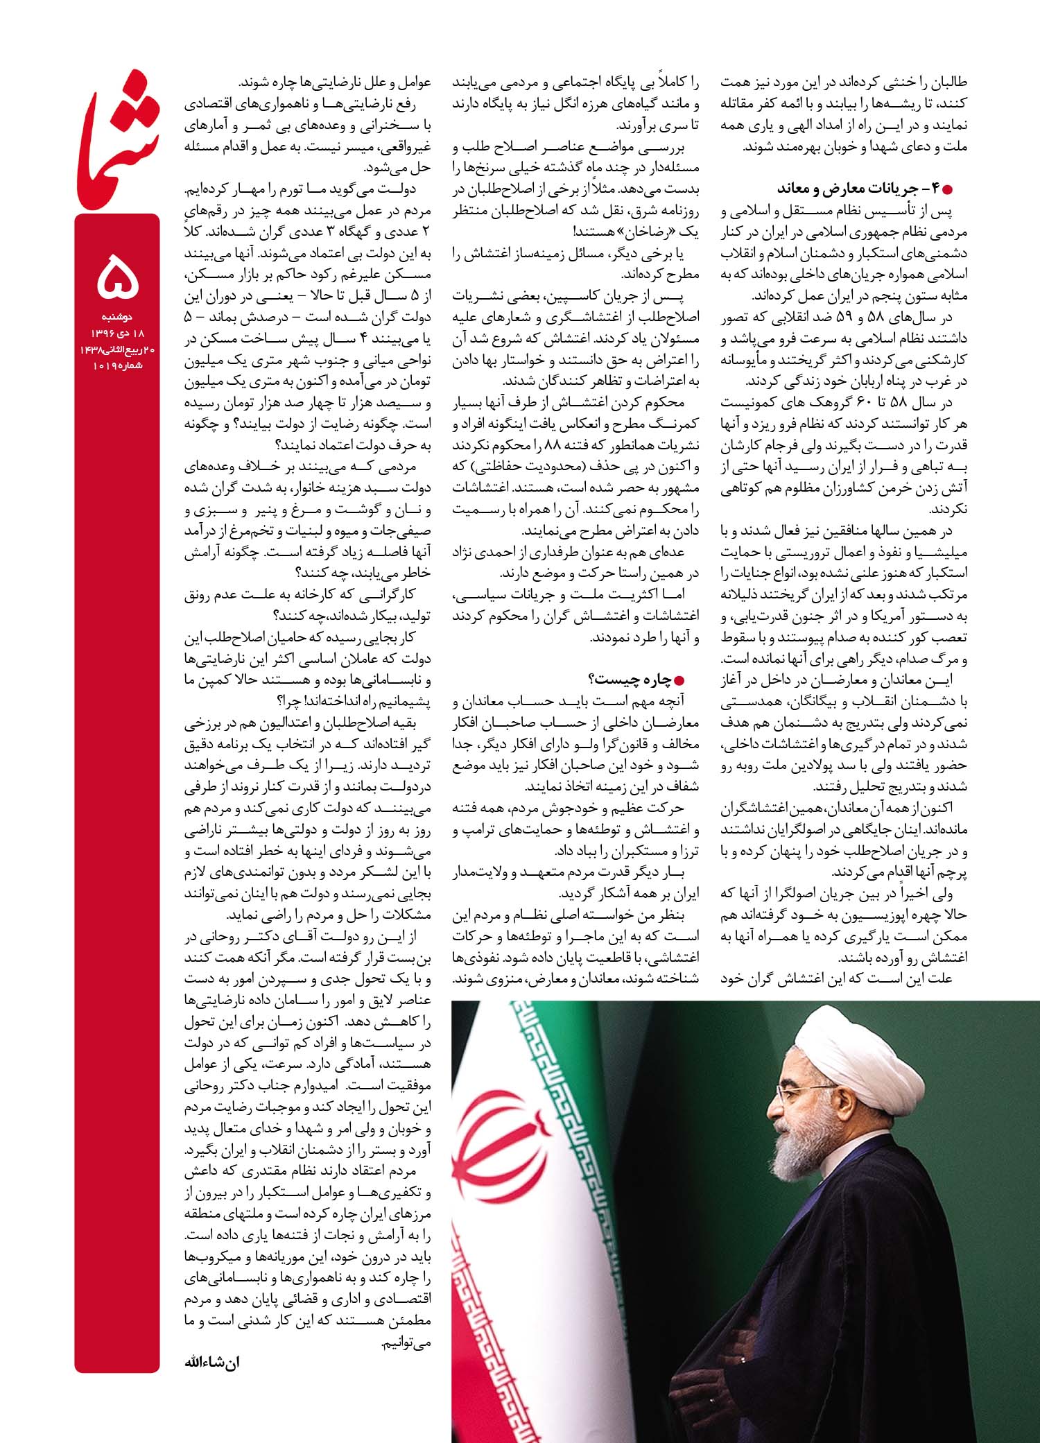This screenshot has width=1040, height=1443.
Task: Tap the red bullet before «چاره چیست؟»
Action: (x=688, y=680)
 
